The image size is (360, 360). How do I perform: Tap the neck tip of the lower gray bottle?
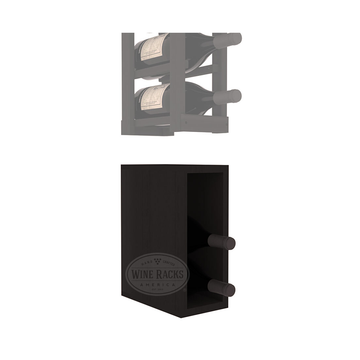point(236,95)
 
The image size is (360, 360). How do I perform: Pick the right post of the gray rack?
point(217,75)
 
